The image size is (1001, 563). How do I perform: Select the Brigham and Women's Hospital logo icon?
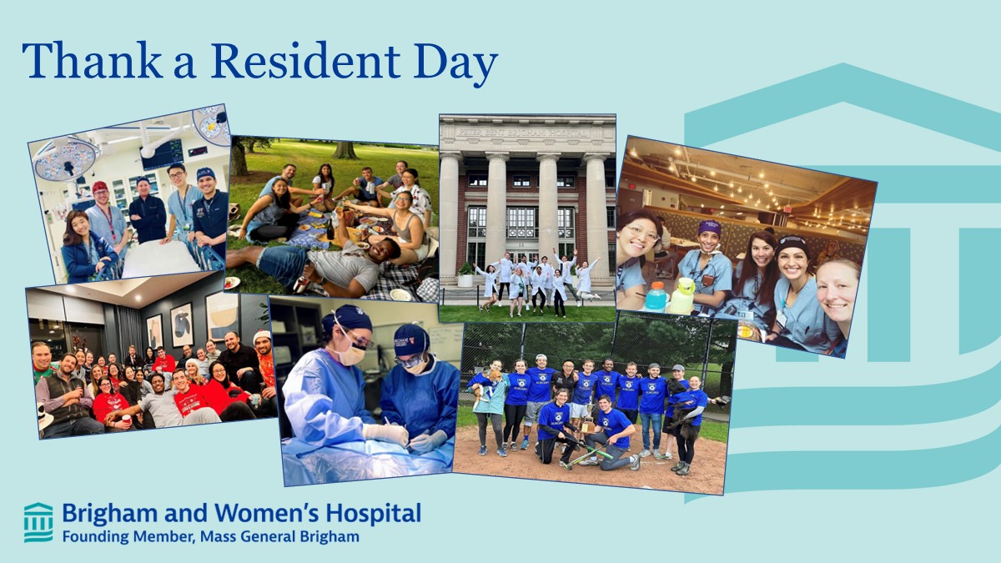click(x=38, y=522)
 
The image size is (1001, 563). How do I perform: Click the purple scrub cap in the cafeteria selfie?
click(x=709, y=228)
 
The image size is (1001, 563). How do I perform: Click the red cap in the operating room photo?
click(x=100, y=186)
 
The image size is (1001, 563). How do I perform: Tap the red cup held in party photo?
click(x=127, y=420)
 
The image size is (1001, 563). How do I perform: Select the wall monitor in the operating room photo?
click(x=163, y=153)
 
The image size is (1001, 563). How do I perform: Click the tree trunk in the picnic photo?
click(x=343, y=149)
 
